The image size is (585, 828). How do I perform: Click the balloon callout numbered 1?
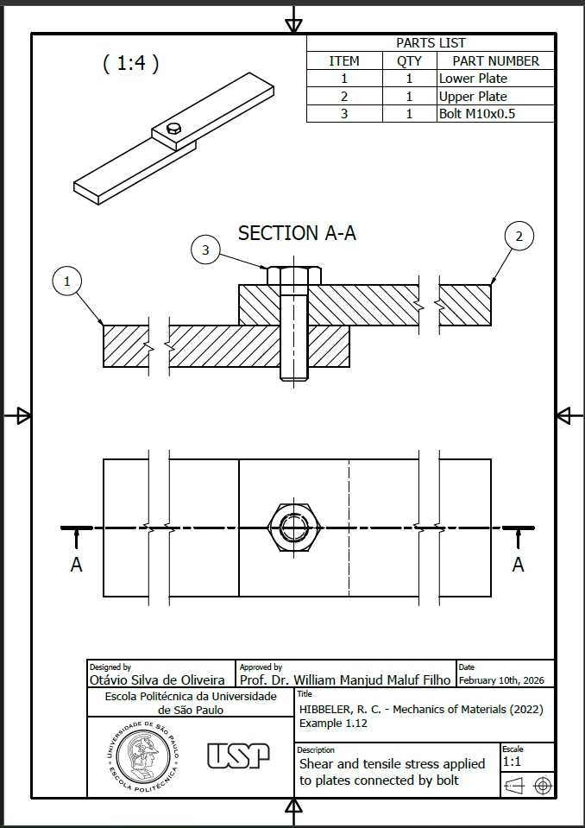pyautogui.click(x=67, y=282)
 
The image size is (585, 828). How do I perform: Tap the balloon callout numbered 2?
pyautogui.click(x=519, y=237)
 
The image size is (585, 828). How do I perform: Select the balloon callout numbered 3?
pyautogui.click(x=205, y=250)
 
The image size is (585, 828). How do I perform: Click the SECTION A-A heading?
pyautogui.click(x=297, y=233)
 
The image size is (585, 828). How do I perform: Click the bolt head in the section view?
pyautogui.click(x=294, y=275)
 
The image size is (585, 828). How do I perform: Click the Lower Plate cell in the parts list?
pyautogui.click(x=473, y=79)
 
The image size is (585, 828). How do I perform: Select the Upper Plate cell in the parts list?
pyautogui.click(x=473, y=97)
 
